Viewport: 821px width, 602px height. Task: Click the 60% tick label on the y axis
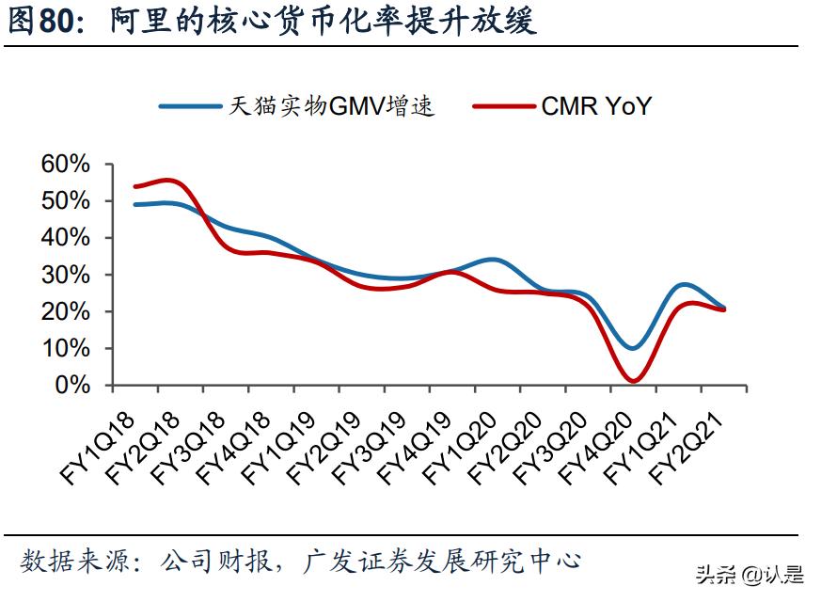(65, 165)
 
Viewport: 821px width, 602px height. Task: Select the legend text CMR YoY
(596, 105)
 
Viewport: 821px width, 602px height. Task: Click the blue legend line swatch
(188, 106)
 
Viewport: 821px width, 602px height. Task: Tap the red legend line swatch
(504, 106)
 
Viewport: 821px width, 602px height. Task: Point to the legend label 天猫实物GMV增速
(330, 106)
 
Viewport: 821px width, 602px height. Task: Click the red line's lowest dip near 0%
(633, 381)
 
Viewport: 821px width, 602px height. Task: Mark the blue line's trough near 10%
(632, 348)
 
